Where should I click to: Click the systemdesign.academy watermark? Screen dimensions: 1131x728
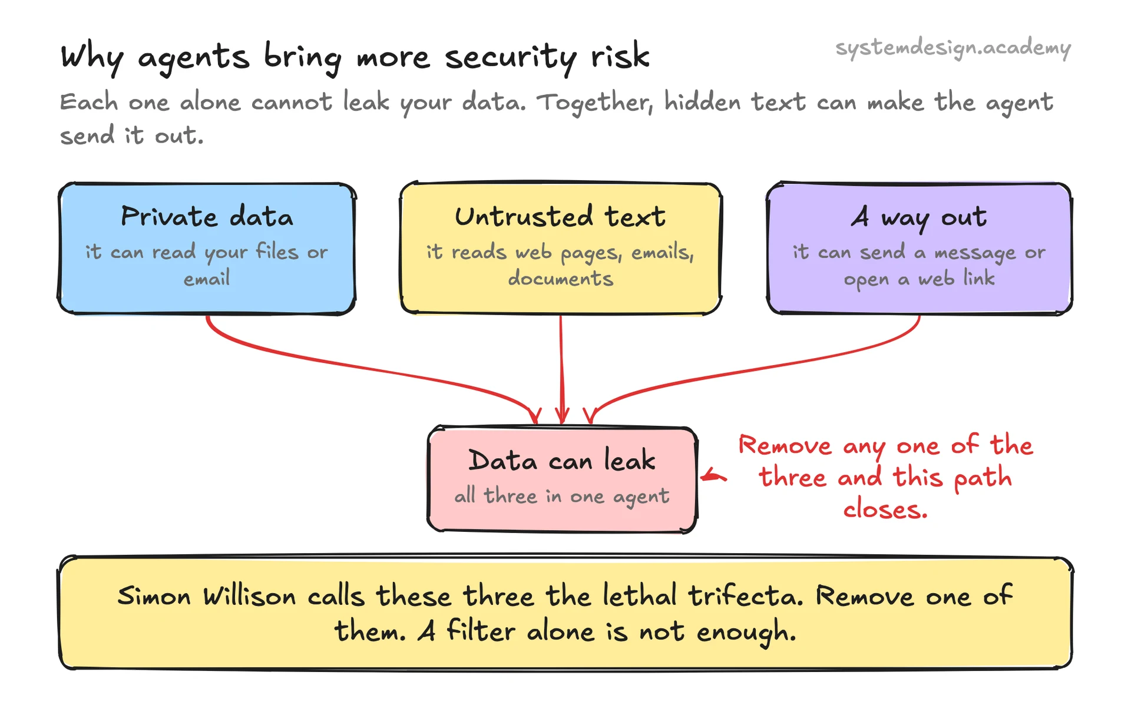pos(953,48)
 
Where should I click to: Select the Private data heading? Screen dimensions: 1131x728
pos(207,217)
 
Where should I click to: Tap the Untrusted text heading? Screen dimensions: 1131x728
pos(560,217)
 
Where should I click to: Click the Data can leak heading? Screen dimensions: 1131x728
pos(562,460)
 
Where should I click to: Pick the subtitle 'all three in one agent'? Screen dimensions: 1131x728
pos(561,496)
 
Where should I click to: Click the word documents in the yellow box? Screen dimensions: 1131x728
pos(561,278)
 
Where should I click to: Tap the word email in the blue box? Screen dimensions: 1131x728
pos(207,278)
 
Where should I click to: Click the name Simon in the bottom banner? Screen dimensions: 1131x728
pos(154,596)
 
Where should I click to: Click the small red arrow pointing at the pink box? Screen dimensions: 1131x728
pos(713,476)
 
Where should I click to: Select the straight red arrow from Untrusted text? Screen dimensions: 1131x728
pos(561,369)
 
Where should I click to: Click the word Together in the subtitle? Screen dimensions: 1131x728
pos(595,102)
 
